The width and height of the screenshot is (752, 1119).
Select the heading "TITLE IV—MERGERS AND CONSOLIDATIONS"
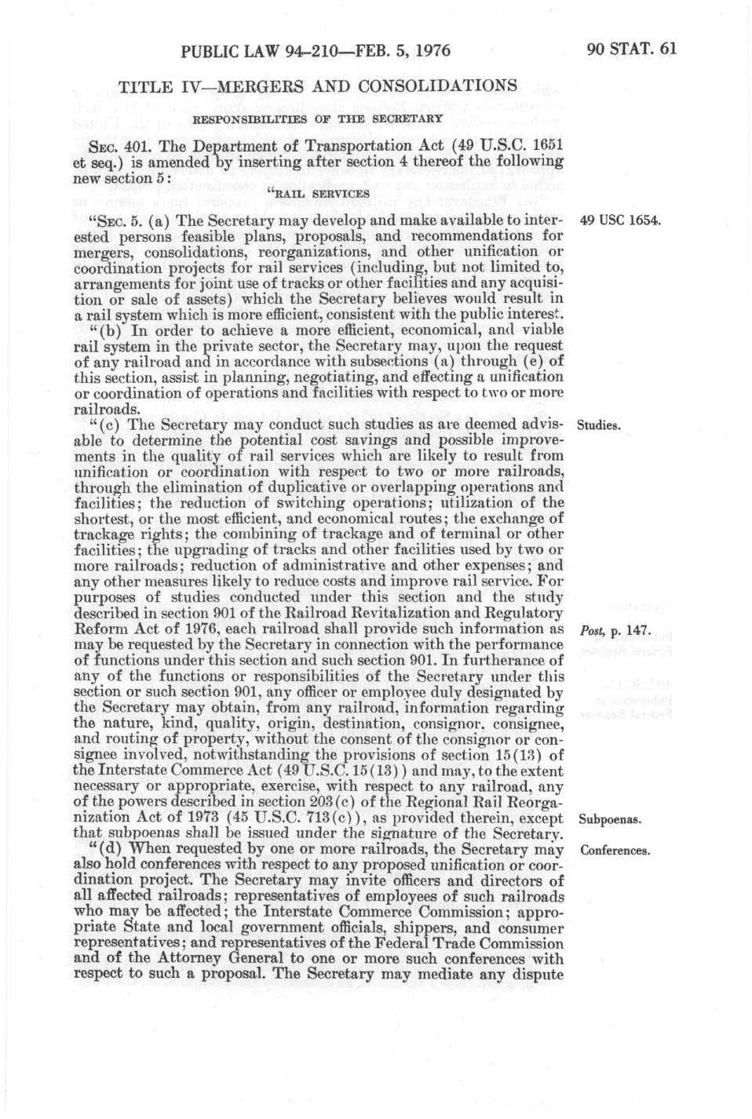pyautogui.click(x=317, y=86)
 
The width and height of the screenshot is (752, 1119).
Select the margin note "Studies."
pyautogui.click(x=599, y=426)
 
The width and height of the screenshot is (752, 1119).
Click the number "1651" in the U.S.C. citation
pyautogui.click(x=547, y=146)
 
